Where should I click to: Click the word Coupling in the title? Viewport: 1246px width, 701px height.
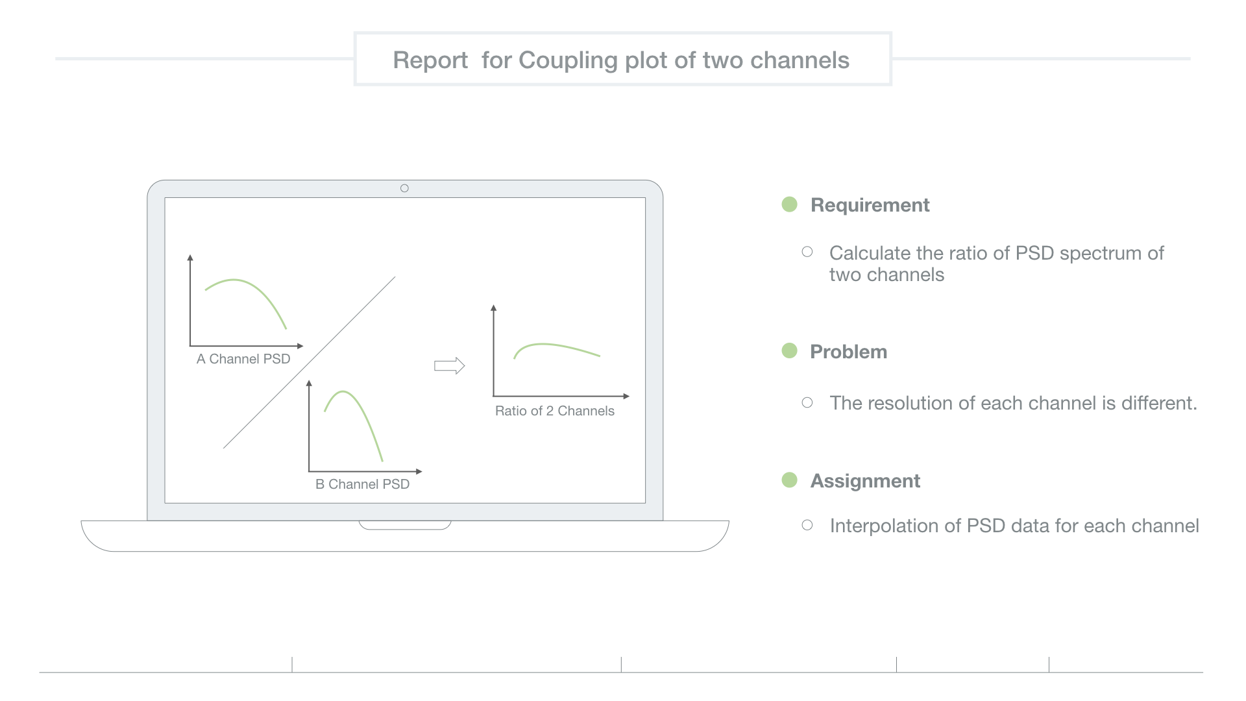click(568, 60)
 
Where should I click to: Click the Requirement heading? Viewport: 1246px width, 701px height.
click(870, 205)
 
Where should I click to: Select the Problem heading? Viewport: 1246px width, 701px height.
click(848, 352)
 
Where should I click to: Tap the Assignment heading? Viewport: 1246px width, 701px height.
click(865, 481)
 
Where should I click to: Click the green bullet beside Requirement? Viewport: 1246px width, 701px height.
click(789, 204)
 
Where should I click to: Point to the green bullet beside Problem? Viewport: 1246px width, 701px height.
click(789, 350)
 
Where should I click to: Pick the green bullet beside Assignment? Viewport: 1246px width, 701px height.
click(789, 480)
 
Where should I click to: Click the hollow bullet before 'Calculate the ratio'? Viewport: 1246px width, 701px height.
click(807, 252)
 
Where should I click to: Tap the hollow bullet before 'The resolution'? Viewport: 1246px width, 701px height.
click(807, 402)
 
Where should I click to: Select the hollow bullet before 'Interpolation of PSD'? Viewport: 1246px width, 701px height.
click(807, 525)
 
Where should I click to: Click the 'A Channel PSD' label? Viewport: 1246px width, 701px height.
click(243, 359)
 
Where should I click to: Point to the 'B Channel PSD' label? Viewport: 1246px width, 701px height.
click(362, 484)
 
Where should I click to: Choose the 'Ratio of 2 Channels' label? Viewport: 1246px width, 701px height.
click(555, 411)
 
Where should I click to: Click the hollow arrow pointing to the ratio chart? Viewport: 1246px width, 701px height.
click(449, 366)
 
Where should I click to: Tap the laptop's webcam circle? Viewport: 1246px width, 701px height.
click(404, 188)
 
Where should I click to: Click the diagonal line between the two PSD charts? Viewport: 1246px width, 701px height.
click(309, 363)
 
